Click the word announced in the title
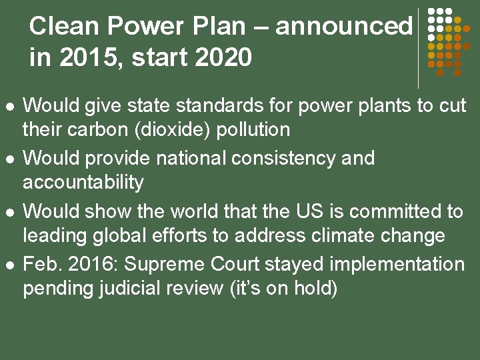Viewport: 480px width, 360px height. [344, 27]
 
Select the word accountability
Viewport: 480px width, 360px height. [83, 182]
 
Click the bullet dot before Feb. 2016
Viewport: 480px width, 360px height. [9, 265]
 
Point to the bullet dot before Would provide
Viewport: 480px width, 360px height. [9, 159]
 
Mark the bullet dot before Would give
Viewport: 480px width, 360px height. [9, 106]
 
